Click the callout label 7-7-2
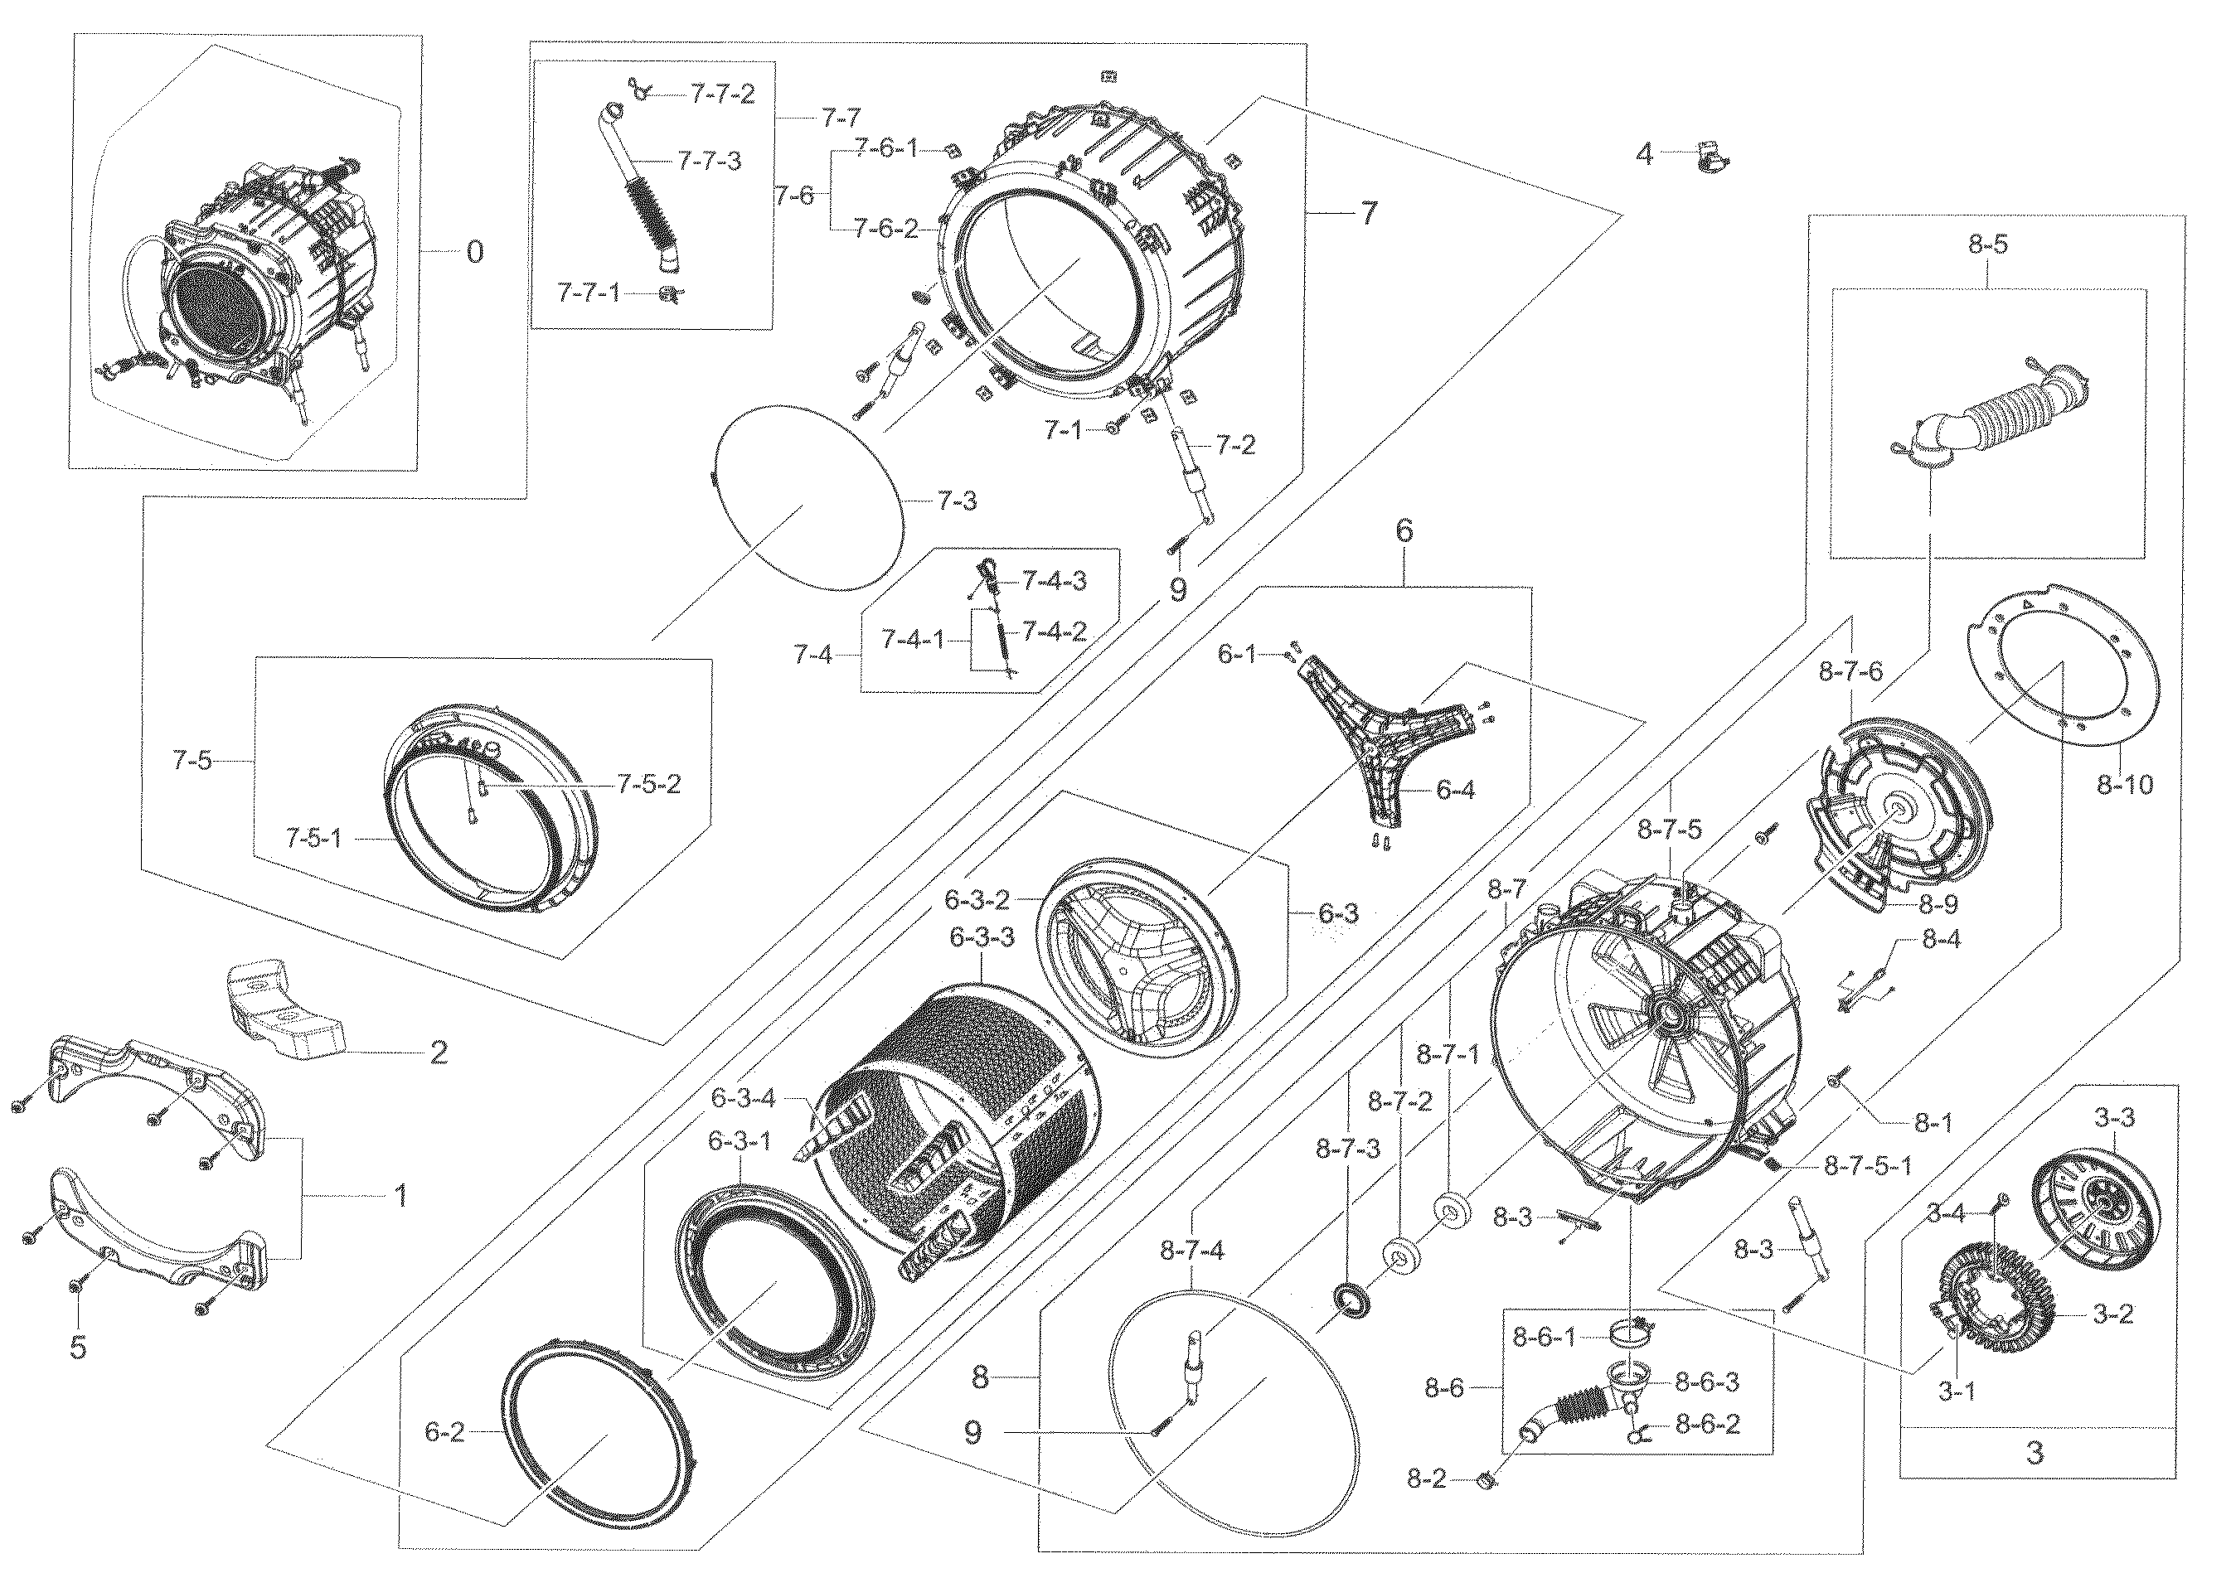[x=723, y=94]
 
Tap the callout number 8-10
[x=2125, y=784]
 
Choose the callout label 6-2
[x=445, y=1432]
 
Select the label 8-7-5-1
[x=1866, y=1166]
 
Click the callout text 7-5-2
[x=648, y=784]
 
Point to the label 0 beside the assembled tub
[x=474, y=253]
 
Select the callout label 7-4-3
[x=1053, y=581]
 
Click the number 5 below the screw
[x=78, y=1348]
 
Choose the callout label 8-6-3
[x=1707, y=1382]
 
